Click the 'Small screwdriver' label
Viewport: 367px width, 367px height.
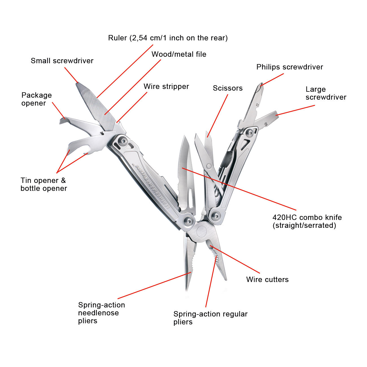(x=62, y=61)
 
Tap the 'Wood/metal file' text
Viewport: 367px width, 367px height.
(x=179, y=54)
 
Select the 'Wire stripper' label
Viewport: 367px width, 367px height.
(x=166, y=86)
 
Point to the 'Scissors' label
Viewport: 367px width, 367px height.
(x=228, y=88)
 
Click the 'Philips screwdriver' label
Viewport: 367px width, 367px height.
(x=289, y=67)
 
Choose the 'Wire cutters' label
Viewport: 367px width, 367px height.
(x=267, y=279)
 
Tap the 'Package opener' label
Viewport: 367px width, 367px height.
(x=36, y=99)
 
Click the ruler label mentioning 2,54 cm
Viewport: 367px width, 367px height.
(x=168, y=38)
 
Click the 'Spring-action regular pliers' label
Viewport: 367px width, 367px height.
(x=210, y=318)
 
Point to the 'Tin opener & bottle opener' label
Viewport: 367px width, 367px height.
(x=43, y=184)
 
